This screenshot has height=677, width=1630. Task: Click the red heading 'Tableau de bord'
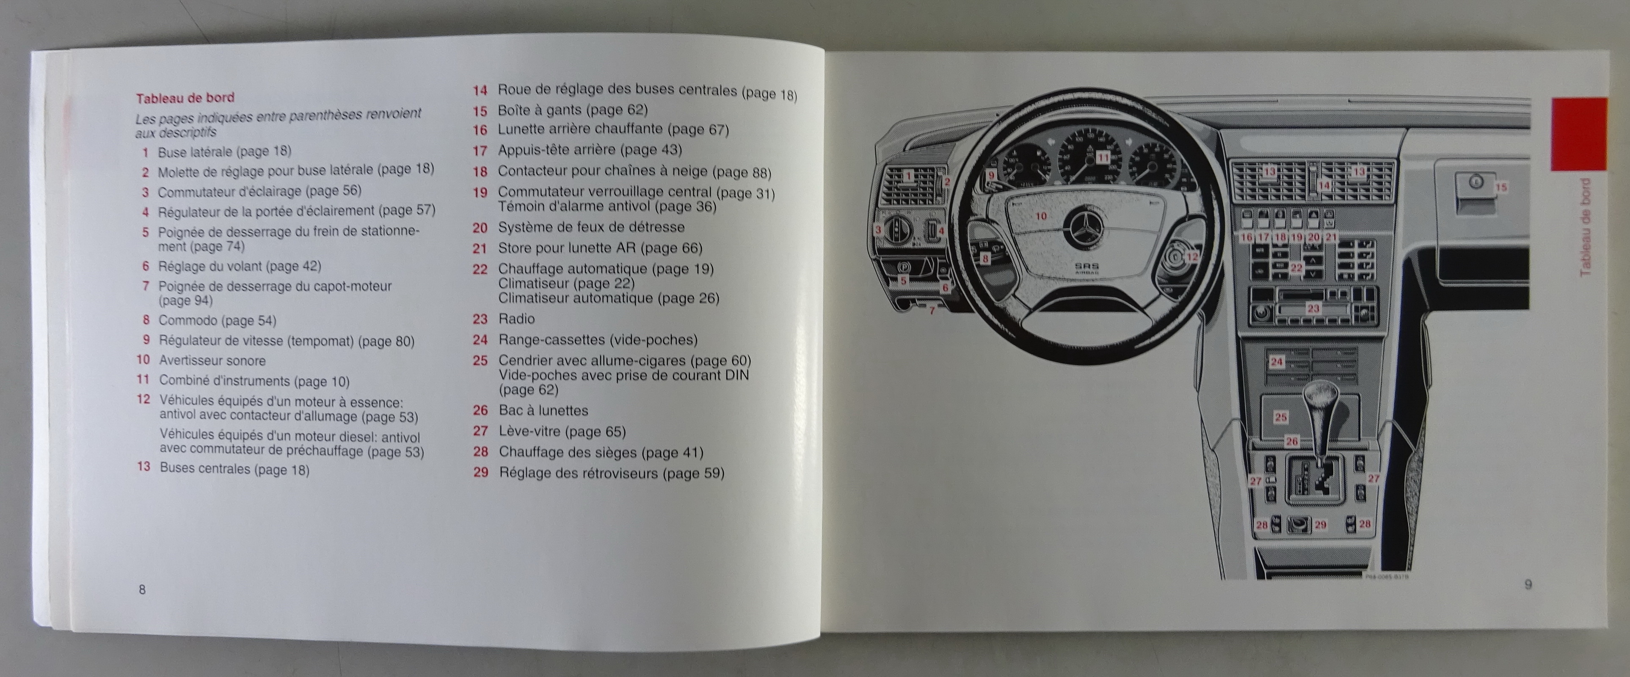click(185, 97)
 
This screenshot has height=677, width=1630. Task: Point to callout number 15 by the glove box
click(1500, 187)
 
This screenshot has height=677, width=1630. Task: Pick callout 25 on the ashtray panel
click(1281, 417)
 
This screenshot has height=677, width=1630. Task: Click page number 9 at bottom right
click(1528, 585)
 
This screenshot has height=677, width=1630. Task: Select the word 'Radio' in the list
click(516, 319)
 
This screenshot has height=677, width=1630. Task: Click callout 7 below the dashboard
click(932, 311)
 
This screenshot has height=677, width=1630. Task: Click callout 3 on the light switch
click(878, 230)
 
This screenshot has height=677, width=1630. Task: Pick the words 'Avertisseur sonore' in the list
click(212, 361)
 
